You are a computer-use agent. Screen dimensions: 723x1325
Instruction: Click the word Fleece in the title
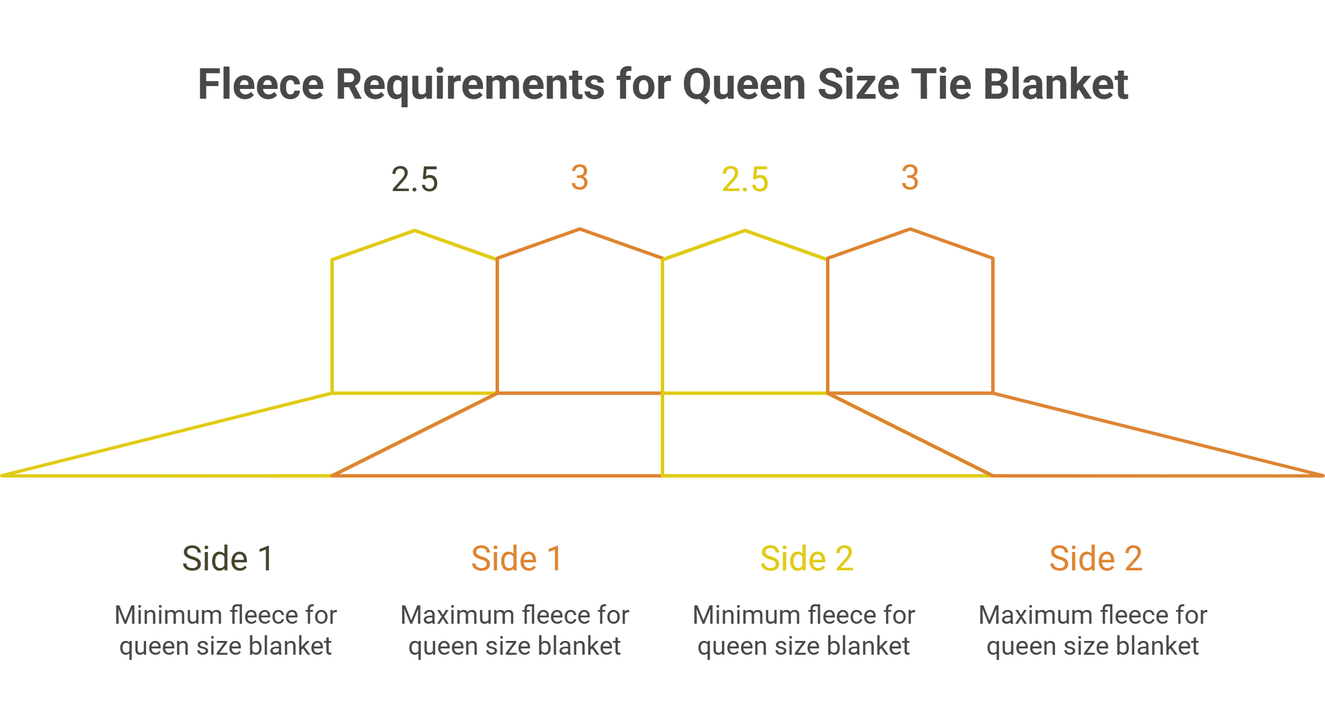click(261, 84)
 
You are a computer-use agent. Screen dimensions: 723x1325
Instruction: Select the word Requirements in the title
click(470, 84)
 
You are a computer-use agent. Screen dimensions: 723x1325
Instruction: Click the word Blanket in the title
click(1056, 84)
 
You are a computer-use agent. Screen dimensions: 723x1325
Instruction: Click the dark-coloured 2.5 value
click(415, 179)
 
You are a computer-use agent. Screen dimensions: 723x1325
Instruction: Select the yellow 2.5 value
click(745, 179)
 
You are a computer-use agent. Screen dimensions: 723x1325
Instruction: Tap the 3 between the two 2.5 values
click(579, 177)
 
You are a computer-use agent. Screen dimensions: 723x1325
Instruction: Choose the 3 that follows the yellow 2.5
click(910, 177)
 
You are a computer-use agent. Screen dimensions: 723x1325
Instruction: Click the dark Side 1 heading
click(227, 558)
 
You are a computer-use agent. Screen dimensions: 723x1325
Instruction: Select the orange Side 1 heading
click(516, 558)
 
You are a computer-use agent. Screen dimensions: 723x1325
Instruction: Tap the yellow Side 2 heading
click(806, 558)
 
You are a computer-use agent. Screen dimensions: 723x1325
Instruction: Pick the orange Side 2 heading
click(1095, 558)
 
